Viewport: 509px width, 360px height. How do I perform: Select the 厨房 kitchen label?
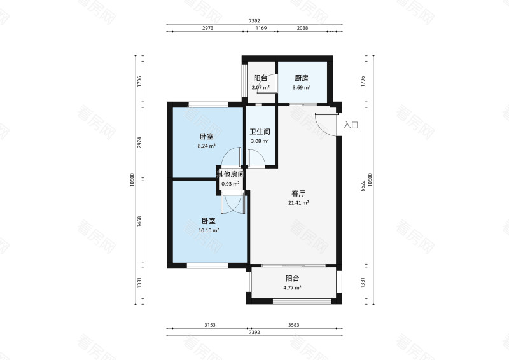(302, 78)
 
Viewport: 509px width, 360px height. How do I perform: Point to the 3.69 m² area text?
(302, 88)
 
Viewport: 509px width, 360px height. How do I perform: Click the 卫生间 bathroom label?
(260, 132)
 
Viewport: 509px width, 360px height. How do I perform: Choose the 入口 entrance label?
(351, 125)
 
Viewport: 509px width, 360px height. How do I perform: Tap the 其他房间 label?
(230, 174)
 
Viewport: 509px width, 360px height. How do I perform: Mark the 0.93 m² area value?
(230, 184)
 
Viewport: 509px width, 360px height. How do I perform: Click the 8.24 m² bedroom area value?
(206, 146)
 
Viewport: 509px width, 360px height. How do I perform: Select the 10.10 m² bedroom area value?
(208, 230)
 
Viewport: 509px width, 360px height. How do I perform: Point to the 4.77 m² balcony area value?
(293, 287)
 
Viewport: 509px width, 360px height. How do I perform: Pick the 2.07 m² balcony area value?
(260, 88)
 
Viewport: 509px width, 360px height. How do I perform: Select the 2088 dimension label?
(303, 29)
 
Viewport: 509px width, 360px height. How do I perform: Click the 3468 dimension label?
(139, 222)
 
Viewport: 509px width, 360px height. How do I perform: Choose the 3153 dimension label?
(210, 325)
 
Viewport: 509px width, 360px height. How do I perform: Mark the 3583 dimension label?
(293, 325)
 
